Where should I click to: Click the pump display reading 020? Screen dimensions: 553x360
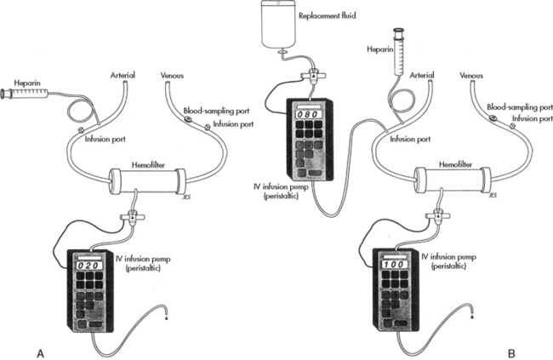(88, 266)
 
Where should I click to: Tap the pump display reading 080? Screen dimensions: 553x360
(309, 114)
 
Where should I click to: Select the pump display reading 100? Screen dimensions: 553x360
(394, 265)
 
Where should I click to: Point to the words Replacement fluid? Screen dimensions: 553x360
(328, 16)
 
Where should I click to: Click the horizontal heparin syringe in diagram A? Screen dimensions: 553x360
(25, 94)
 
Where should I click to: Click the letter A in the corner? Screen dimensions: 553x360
(41, 353)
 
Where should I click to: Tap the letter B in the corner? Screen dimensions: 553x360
(511, 353)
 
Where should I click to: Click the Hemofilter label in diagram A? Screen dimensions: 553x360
(148, 164)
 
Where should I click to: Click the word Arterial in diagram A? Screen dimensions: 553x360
(123, 75)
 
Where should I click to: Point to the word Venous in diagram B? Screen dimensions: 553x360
(471, 75)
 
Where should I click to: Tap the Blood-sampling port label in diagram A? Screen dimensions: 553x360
(216, 111)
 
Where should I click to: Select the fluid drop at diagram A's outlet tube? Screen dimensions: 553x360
(166, 317)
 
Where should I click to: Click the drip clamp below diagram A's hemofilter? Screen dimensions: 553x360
(132, 216)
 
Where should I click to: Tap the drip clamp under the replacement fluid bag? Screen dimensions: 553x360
(313, 76)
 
